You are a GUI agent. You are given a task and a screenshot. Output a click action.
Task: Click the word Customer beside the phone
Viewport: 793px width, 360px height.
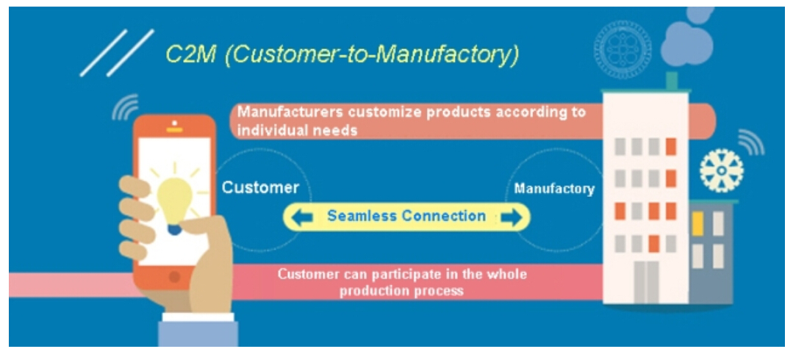(x=260, y=188)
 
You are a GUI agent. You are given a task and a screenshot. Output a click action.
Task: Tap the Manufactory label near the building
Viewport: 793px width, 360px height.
(x=554, y=189)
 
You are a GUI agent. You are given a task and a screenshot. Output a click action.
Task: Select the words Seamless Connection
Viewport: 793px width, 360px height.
(x=406, y=217)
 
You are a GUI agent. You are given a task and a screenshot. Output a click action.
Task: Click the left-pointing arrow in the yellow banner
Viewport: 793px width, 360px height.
(x=303, y=217)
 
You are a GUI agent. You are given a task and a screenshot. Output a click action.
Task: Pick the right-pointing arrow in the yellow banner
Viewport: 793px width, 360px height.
(x=511, y=217)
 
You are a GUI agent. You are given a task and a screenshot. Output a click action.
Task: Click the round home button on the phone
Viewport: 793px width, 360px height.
(x=174, y=276)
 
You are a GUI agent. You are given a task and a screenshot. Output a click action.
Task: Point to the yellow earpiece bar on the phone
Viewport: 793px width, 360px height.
(x=174, y=130)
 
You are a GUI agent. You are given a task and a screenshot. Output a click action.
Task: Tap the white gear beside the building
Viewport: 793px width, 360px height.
(x=721, y=170)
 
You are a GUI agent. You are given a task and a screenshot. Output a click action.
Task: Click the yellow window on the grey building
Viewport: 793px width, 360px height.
(x=698, y=223)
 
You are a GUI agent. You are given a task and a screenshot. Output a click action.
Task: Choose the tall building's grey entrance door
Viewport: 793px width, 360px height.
(x=646, y=282)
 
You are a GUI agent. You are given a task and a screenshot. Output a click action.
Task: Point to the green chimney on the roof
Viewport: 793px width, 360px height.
(x=672, y=82)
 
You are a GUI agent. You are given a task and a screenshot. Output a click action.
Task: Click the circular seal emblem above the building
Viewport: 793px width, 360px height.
(x=622, y=49)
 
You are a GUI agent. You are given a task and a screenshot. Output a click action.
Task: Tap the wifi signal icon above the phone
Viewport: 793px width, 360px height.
(x=126, y=107)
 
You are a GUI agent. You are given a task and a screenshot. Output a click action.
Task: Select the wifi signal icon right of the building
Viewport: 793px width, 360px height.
(x=751, y=143)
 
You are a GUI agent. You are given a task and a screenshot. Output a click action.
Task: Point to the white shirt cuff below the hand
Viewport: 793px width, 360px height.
(x=198, y=317)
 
